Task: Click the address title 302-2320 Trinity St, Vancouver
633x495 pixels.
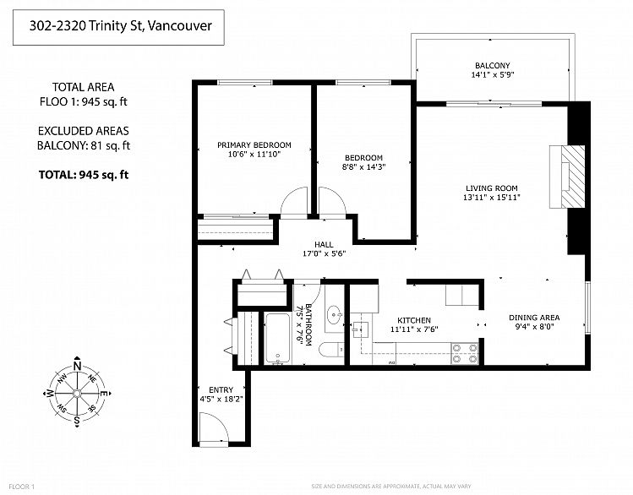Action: click(120, 26)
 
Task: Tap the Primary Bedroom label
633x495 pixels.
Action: click(254, 144)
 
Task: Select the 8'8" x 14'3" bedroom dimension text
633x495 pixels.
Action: click(363, 166)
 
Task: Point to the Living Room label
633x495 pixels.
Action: click(491, 188)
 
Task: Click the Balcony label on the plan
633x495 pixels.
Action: click(492, 65)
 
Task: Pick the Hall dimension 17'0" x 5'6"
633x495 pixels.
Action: click(325, 253)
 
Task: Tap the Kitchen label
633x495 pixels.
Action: click(414, 320)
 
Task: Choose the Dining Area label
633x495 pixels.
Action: click(534, 318)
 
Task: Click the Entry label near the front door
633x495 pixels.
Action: click(221, 389)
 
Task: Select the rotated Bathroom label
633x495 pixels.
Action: click(308, 324)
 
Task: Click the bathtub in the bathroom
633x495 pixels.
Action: click(277, 338)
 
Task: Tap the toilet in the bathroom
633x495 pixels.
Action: click(331, 350)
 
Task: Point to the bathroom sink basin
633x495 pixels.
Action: click(335, 314)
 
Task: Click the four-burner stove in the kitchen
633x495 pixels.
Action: click(465, 353)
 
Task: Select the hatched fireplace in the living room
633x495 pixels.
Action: click(573, 177)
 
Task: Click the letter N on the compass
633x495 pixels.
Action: click(77, 367)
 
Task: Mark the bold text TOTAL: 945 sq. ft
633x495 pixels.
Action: click(84, 175)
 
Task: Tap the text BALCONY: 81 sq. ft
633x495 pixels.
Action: click(84, 145)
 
